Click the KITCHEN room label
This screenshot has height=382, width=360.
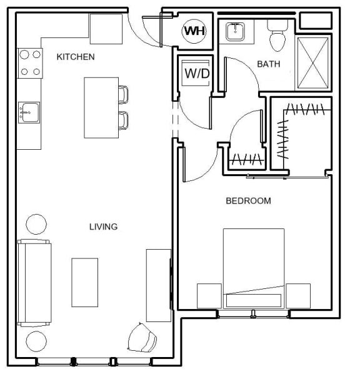tap(76, 57)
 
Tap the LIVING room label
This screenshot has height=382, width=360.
tap(103, 227)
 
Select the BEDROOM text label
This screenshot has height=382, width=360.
tap(248, 201)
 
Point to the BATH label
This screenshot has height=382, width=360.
tap(268, 64)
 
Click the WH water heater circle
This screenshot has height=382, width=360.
tap(194, 31)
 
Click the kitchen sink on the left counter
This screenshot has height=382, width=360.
tap(28, 112)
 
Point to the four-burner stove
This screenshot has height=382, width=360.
tap(29, 63)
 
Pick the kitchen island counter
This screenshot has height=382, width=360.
tap(101, 107)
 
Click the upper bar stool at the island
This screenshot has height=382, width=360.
tap(124, 94)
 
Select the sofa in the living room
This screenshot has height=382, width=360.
tap(34, 282)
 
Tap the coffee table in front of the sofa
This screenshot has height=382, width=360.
tap(84, 282)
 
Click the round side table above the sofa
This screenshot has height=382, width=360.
tap(36, 223)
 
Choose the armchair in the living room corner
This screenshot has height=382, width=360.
tap(144, 338)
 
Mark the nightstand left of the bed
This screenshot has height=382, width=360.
tap(209, 296)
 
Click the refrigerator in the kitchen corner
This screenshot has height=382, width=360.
tap(106, 29)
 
